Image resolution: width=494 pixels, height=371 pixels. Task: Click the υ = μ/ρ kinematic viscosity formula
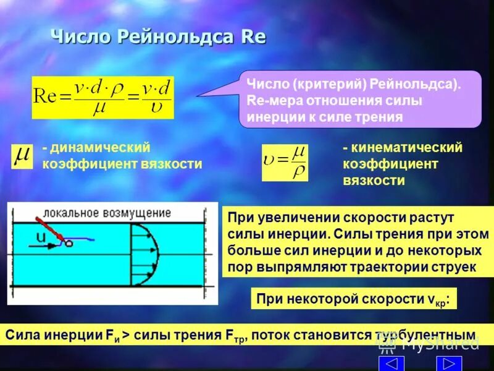coord(284,163)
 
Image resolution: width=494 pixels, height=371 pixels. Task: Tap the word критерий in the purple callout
coord(324,84)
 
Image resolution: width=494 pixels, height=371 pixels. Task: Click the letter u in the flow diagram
coord(41,237)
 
